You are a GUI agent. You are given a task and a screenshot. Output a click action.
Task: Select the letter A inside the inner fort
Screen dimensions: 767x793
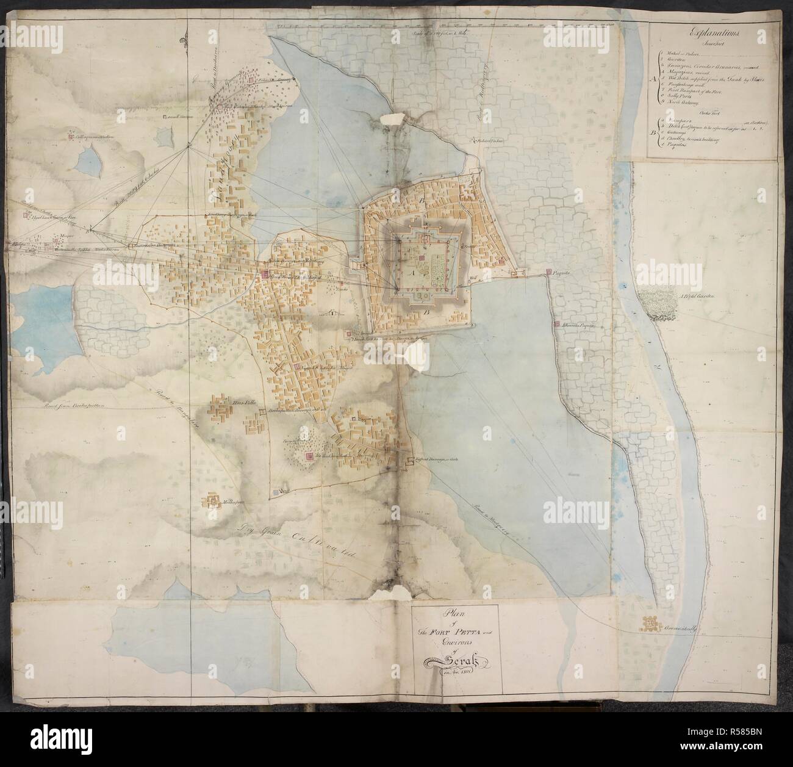tap(409, 273)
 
